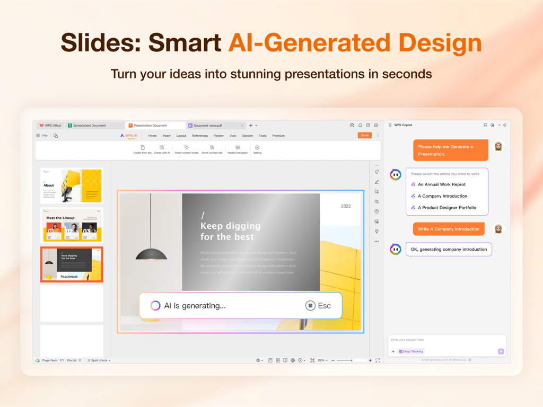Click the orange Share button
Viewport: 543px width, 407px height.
364,136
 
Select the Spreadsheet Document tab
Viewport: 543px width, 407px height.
90,126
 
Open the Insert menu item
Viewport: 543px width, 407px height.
167,136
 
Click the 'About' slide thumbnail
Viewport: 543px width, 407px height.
72,186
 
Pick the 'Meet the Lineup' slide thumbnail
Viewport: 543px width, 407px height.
72,225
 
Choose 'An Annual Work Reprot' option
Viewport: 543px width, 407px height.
441,184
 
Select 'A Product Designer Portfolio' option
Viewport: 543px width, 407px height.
446,208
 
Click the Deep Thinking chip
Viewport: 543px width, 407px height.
411,351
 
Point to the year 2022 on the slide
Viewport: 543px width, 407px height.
346,206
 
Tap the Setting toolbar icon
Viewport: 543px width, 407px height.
257,149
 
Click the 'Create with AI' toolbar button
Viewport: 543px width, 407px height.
162,149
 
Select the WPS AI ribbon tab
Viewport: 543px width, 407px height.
128,136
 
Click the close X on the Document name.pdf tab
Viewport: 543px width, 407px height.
242,126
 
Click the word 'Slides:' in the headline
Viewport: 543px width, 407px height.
100,43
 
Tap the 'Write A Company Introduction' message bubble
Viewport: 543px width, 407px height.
449,229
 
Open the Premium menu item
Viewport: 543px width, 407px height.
278,136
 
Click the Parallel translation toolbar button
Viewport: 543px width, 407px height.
238,149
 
